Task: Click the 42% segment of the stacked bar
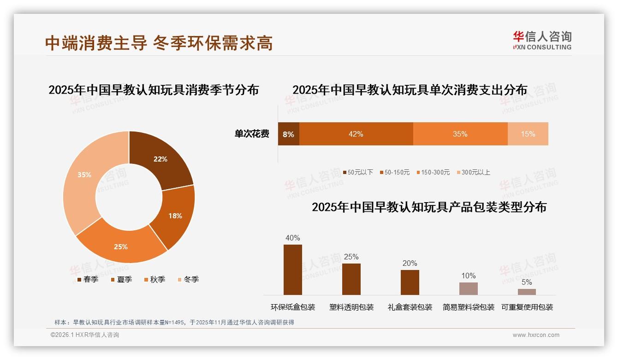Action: (356, 134)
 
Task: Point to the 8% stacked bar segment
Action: (288, 134)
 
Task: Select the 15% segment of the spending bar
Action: (528, 134)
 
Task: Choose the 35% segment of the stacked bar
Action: (460, 134)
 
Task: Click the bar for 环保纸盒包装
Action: (292, 270)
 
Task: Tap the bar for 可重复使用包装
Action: (527, 292)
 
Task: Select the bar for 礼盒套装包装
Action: (410, 282)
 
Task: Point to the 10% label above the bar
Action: (468, 276)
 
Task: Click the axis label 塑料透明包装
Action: (351, 307)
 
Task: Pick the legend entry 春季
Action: (87, 279)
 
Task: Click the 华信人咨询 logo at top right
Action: (542, 41)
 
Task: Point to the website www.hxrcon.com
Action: (535, 335)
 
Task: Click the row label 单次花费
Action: (252, 134)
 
